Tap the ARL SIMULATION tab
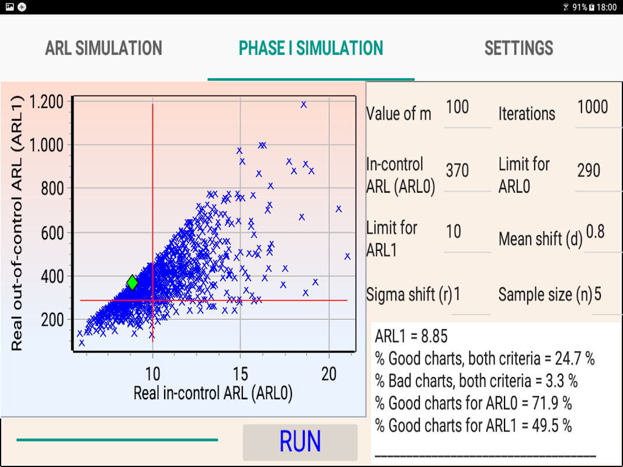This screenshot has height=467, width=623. point(103,48)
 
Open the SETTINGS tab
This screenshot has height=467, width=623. point(518,48)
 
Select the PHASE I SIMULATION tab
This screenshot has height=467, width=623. point(311,48)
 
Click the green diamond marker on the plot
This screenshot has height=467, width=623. point(133,283)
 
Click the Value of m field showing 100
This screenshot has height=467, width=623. point(457,107)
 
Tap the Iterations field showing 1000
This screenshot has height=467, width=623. point(592,107)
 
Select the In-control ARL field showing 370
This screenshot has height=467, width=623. point(457,170)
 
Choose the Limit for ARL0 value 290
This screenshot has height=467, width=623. point(589,170)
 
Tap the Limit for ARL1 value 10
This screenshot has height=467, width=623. point(454,232)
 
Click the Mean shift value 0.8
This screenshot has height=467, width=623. point(595,232)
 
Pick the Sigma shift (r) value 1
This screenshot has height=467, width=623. point(457,295)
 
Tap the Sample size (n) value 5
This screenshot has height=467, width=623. point(598,295)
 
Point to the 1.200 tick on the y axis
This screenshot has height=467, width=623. point(46,102)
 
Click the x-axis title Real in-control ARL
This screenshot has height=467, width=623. point(213,393)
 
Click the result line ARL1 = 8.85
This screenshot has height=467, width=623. point(411,337)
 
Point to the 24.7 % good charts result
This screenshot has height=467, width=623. point(484,358)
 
